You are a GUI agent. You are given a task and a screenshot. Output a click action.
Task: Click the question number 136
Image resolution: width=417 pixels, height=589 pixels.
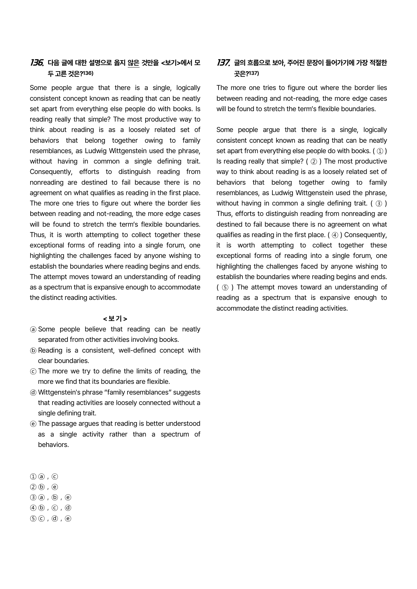click(37, 62)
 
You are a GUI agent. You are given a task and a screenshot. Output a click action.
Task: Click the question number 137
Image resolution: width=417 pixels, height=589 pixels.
click(223, 62)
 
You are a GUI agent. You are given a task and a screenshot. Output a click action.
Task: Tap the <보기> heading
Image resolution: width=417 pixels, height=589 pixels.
click(115, 318)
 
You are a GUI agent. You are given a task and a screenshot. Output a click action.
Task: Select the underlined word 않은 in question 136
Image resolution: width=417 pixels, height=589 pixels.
click(134, 63)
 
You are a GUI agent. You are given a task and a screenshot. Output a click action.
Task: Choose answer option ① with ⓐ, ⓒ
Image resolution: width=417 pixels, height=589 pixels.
click(44, 477)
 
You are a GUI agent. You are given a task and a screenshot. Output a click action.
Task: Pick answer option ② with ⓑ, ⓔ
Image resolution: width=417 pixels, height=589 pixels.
click(44, 487)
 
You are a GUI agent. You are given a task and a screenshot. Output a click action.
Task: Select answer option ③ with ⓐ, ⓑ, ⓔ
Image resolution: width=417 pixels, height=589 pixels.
click(50, 497)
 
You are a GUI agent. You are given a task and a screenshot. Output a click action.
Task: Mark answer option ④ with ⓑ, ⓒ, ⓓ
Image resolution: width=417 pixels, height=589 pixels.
click(50, 508)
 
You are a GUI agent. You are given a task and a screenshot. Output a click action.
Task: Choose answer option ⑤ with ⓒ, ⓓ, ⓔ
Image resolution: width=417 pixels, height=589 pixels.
click(50, 518)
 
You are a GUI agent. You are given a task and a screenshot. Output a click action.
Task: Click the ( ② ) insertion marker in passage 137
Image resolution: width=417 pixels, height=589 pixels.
click(314, 162)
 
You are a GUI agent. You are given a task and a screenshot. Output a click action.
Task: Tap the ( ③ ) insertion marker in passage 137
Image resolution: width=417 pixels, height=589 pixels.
click(379, 203)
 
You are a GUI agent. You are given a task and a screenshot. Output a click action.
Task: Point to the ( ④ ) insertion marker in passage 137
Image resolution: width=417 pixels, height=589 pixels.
click(335, 235)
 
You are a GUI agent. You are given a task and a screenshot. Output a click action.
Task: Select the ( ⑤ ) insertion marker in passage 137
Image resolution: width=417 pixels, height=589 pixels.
click(225, 287)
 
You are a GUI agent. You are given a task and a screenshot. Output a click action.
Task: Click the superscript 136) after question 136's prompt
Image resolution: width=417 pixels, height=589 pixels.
click(88, 73)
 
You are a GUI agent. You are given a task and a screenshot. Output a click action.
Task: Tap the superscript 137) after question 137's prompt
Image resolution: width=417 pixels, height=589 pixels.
click(254, 73)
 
